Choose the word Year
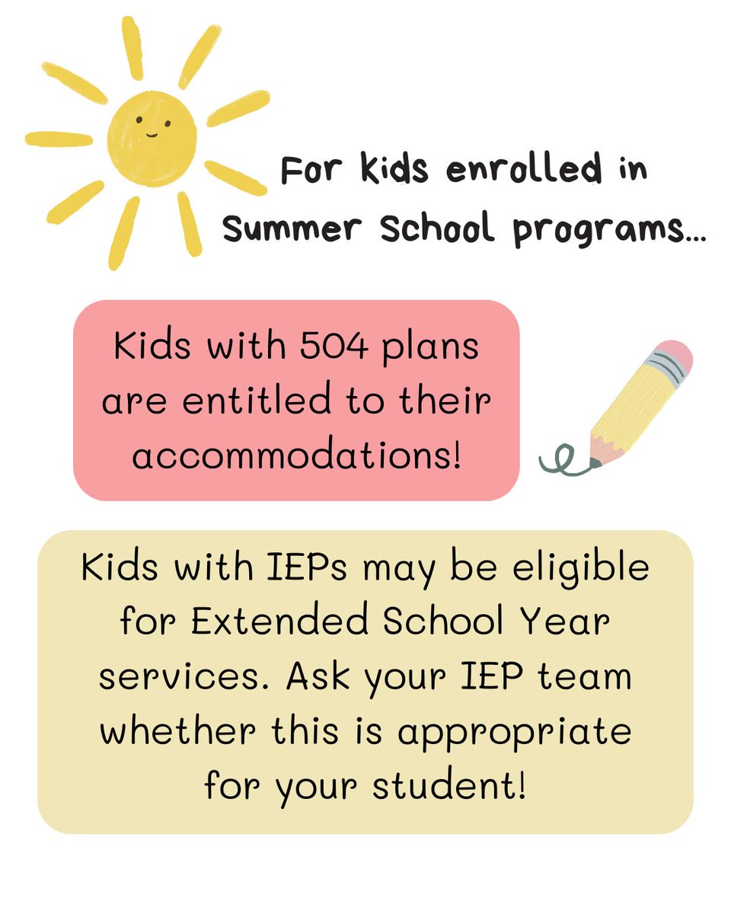(565, 622)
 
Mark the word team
(586, 676)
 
